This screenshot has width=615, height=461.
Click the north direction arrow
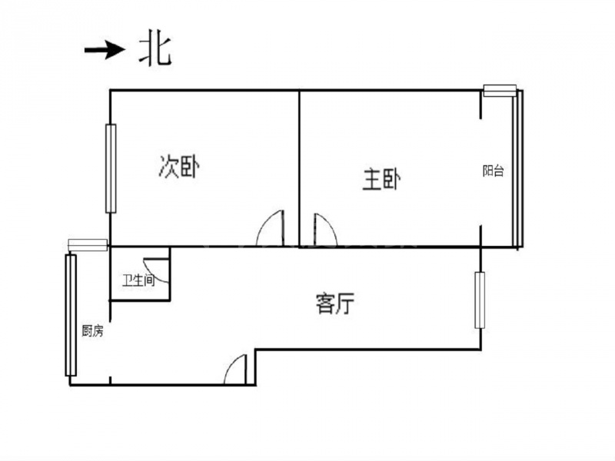[x=105, y=50]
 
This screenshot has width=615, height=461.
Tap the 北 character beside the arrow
[x=155, y=51]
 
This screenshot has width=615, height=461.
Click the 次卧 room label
[x=179, y=167]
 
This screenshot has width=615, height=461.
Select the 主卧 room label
[x=381, y=180]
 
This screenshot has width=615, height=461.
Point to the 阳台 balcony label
[x=494, y=171]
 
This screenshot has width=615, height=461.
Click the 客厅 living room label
[x=335, y=303]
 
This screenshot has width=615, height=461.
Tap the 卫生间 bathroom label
[x=138, y=280]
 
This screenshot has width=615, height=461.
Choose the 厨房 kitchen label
[x=92, y=331]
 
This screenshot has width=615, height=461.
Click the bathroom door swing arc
[x=157, y=270]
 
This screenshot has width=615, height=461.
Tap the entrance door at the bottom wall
[x=235, y=370]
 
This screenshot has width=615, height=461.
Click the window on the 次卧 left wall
[x=111, y=168]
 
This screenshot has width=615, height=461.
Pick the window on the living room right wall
[x=480, y=300]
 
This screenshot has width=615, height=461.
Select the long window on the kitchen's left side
[x=71, y=315]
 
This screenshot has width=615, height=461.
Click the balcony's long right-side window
[x=517, y=168]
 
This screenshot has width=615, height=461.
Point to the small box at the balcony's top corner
[x=500, y=91]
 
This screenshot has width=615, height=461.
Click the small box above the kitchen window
[x=88, y=245]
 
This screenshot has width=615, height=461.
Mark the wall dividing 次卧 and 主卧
[x=300, y=168]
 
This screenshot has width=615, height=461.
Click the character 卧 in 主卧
[x=391, y=180]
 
